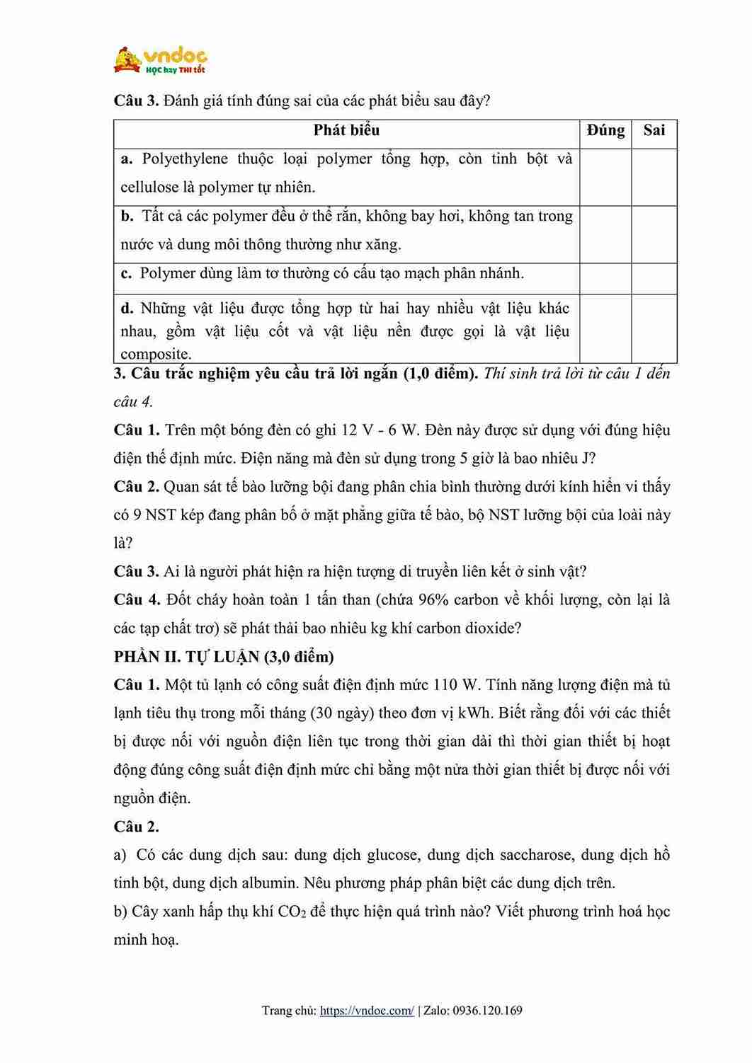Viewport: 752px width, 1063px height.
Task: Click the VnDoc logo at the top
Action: (x=160, y=60)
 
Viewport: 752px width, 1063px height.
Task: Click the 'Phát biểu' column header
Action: (x=346, y=130)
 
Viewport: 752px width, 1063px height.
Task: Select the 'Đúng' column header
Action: (x=605, y=130)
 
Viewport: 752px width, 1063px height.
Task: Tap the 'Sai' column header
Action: (x=654, y=130)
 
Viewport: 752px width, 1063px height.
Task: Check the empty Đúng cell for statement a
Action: (x=605, y=176)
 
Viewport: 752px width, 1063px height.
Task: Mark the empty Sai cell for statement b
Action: (x=654, y=234)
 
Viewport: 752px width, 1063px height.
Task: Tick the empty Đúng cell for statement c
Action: (x=605, y=278)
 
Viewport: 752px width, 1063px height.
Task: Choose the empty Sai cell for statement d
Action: (x=654, y=328)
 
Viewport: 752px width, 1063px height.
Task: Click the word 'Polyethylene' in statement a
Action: (x=185, y=159)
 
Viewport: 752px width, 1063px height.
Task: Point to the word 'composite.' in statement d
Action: (x=156, y=354)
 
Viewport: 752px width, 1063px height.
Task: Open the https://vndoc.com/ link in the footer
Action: (x=367, y=1011)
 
